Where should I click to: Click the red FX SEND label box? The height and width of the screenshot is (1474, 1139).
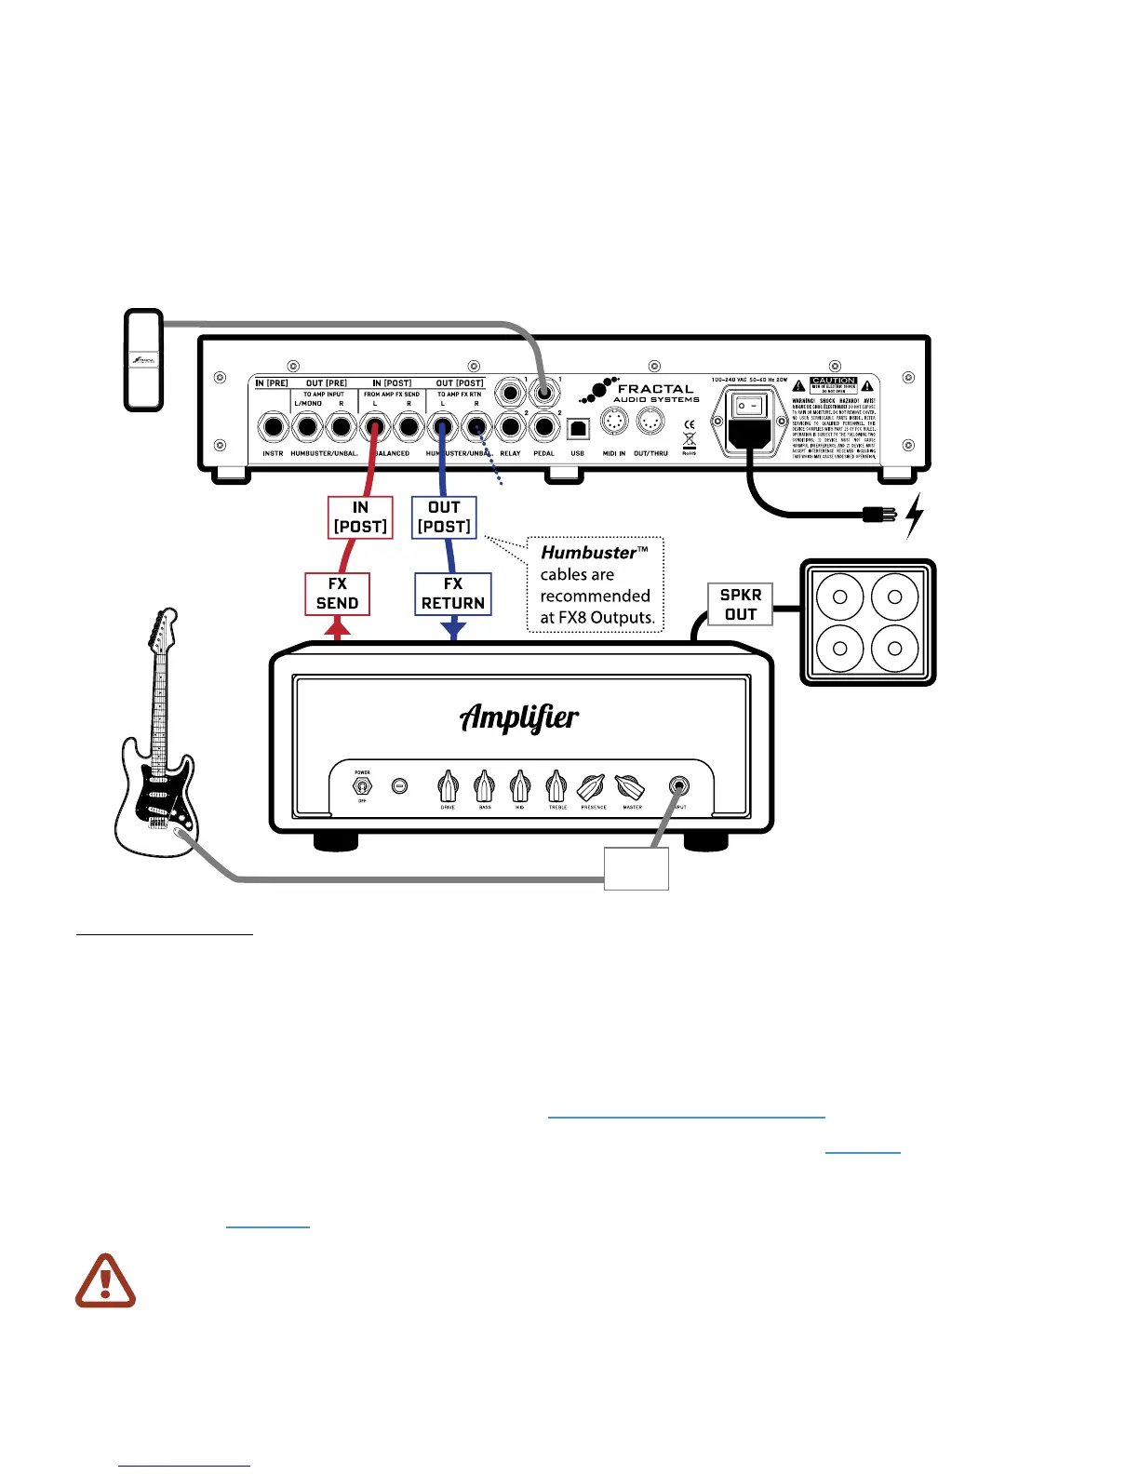(x=337, y=594)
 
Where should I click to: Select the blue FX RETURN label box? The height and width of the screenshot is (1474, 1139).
(x=453, y=594)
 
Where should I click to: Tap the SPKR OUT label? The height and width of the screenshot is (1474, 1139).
(x=741, y=604)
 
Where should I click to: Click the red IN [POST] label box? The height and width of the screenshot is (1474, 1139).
(x=360, y=517)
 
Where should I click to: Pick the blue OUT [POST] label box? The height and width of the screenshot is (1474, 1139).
(x=444, y=517)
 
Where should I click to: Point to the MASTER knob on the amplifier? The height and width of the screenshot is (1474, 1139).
(x=631, y=788)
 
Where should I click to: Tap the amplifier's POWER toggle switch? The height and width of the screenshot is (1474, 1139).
(x=362, y=786)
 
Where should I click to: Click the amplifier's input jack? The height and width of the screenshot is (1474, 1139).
(x=679, y=786)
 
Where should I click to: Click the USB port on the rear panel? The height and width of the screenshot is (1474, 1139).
(x=578, y=429)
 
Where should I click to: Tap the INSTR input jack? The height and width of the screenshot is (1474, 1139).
(x=273, y=428)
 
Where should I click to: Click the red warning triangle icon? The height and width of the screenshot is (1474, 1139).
(x=105, y=1281)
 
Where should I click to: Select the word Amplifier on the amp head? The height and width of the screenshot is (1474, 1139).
(x=519, y=717)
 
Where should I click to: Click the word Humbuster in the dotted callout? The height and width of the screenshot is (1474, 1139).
(x=588, y=553)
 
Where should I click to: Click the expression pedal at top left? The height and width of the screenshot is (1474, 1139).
(x=144, y=360)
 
